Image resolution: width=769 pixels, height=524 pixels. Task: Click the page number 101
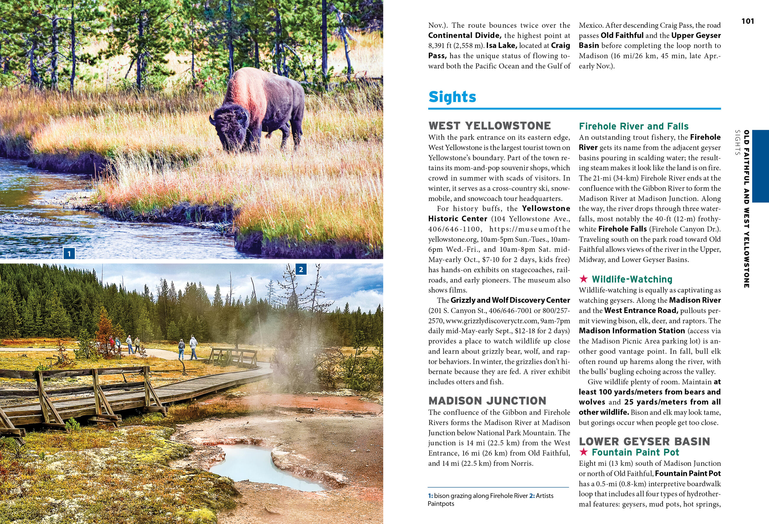(747, 22)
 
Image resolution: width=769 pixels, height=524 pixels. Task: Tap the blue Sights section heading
(452, 97)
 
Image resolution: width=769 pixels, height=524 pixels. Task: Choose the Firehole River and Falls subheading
(633, 126)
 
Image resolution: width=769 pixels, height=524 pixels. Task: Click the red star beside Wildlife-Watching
(584, 279)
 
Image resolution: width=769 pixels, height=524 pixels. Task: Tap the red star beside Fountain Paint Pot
(584, 452)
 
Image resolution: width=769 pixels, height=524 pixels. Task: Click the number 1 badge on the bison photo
(69, 254)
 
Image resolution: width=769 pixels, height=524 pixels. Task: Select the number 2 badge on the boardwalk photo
(301, 270)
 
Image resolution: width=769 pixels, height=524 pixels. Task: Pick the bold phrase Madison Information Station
(632, 331)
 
